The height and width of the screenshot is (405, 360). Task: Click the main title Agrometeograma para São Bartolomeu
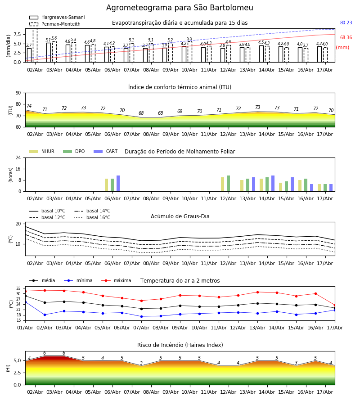click(180, 8)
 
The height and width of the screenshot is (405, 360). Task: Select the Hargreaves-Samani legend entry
click(57, 17)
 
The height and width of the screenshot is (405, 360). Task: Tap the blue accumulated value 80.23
click(346, 23)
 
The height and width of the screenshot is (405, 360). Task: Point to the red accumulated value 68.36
click(346, 37)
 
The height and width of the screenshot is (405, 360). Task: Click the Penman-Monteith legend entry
click(55, 24)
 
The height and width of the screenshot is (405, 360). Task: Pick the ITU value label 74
click(29, 106)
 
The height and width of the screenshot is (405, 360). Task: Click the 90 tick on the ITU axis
click(18, 93)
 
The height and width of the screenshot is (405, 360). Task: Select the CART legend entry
click(106, 151)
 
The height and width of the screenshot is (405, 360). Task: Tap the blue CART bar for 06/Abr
click(118, 184)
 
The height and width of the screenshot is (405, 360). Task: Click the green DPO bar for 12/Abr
click(228, 184)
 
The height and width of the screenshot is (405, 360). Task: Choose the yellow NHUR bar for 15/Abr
click(280, 187)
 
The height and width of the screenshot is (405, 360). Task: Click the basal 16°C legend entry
click(92, 217)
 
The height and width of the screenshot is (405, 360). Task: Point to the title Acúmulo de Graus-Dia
click(180, 216)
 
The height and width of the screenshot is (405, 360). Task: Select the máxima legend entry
click(116, 280)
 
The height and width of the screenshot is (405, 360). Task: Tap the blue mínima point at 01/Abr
click(26, 302)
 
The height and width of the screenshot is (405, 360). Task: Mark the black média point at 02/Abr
click(45, 302)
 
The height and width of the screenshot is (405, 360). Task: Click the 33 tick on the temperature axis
click(18, 288)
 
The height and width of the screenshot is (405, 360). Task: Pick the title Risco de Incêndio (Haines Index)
click(180, 345)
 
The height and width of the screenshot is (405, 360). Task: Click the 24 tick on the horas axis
click(18, 157)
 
